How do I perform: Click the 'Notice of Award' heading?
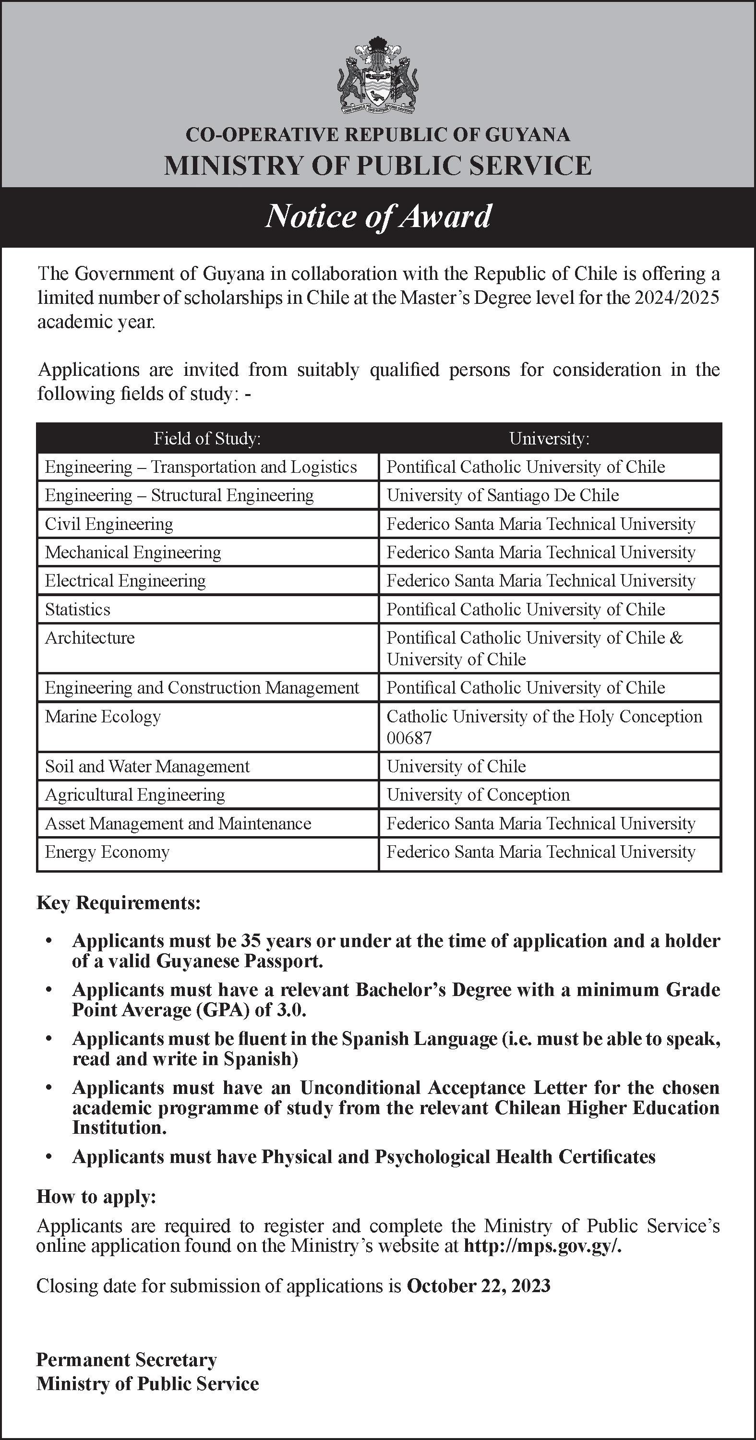tap(378, 216)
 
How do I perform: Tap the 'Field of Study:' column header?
tap(207, 438)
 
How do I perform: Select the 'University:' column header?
tap(549, 438)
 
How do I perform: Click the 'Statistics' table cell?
tap(78, 609)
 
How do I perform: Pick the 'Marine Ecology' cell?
tap(103, 717)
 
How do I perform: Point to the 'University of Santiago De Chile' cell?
tap(503, 495)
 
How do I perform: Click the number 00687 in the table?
tap(409, 738)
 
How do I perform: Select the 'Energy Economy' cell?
tap(107, 852)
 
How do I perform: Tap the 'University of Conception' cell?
tap(478, 795)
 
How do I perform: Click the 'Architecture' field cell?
tap(90, 638)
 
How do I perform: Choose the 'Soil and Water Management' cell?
tap(147, 767)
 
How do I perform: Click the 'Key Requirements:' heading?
tap(118, 903)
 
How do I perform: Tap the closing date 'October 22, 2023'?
tap(478, 1286)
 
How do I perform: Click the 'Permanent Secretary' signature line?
tap(126, 1359)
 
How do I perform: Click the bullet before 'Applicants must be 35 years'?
tap(49, 941)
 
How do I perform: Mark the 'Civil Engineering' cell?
tap(109, 524)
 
